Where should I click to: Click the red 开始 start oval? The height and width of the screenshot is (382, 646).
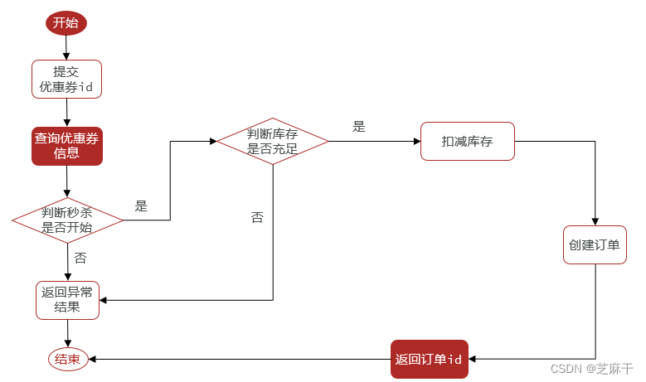pos(66,23)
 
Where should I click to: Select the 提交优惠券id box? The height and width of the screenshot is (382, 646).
pos(66,79)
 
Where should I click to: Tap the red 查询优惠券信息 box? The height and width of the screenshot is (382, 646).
pos(66,146)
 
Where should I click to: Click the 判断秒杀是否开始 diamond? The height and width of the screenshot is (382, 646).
pos(67,220)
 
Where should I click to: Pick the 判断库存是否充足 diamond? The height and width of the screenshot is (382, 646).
pos(273,141)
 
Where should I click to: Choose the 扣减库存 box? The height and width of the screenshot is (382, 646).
pos(468,141)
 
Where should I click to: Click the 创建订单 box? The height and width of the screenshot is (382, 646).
pos(595,245)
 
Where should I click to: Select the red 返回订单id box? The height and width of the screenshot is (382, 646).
pos(430,359)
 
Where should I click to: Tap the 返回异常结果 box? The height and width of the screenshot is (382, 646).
pos(67,300)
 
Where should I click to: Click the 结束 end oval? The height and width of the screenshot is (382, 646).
pos(68,359)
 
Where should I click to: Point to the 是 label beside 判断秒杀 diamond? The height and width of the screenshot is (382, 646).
pos(141,206)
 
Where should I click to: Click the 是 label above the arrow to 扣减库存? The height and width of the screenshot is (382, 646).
pos(359,127)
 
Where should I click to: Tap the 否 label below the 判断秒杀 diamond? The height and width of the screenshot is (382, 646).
pos(80,258)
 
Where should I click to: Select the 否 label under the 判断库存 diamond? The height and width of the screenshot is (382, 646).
pos(257,217)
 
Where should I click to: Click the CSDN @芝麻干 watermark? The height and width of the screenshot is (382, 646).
pos(591,369)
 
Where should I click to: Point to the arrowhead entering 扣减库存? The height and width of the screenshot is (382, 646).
pos(417,141)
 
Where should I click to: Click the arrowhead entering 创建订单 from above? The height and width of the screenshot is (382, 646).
pos(595,222)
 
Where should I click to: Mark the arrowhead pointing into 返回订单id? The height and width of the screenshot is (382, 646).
pos(472,359)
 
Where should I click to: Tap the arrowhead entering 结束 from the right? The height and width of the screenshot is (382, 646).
pos(92,359)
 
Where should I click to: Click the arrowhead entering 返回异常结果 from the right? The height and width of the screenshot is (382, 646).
pos(103,300)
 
